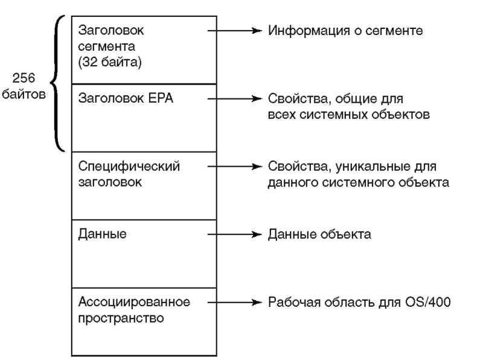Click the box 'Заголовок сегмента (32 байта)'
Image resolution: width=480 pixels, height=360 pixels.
(144, 50)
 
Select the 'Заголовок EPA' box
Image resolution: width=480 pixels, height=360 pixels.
(144, 118)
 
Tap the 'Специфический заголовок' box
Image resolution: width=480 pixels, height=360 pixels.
(144, 185)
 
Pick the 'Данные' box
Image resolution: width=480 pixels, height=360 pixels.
(144, 254)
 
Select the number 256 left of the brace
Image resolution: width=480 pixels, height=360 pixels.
(24, 78)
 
